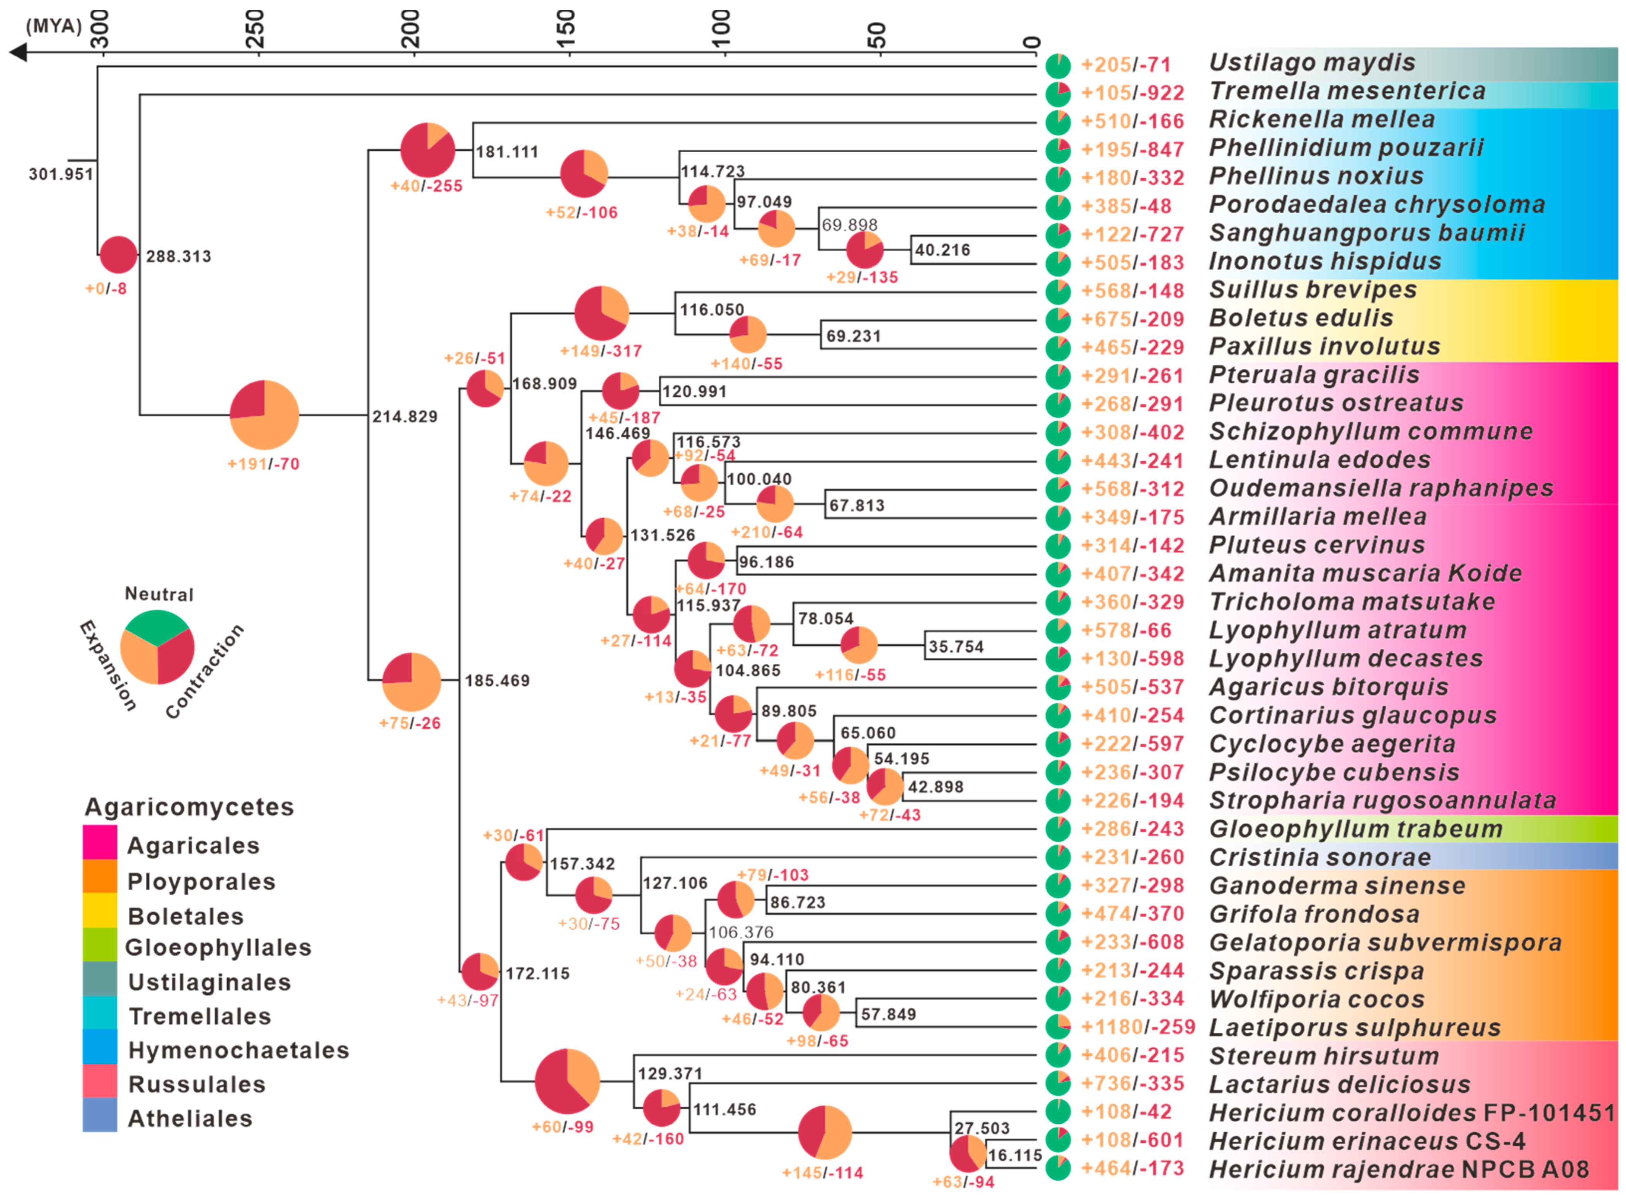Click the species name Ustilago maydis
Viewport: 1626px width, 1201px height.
pyautogui.click(x=1312, y=63)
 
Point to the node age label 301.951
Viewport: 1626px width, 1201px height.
pyautogui.click(x=61, y=175)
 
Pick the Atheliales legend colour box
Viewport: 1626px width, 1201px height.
pyautogui.click(x=100, y=1114)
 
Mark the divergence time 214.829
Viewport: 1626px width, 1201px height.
pyautogui.click(x=405, y=417)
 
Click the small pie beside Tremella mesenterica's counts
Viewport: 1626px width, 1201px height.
pyautogui.click(x=1058, y=93)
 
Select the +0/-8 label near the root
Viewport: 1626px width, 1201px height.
pyautogui.click(x=106, y=289)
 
